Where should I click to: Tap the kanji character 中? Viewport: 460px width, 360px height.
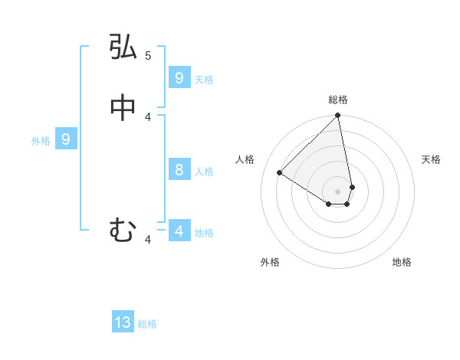(123, 109)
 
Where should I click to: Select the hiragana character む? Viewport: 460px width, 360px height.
(123, 229)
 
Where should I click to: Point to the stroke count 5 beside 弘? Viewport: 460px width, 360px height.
(148, 55)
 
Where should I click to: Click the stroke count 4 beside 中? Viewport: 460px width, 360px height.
(148, 116)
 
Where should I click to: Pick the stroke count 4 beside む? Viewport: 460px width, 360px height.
(148, 241)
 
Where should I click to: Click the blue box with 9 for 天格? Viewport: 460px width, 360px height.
(179, 77)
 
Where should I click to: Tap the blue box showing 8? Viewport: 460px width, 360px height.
(179, 169)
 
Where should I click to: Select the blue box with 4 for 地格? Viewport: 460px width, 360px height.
(179, 231)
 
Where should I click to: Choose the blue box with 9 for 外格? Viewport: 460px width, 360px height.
(66, 139)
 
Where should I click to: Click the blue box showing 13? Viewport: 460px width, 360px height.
(123, 322)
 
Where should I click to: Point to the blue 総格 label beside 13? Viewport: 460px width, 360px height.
(147, 324)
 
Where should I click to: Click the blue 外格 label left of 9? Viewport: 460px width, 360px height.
(40, 141)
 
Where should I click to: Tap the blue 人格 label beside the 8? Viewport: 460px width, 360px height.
(204, 171)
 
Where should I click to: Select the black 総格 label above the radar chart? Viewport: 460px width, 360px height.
(338, 100)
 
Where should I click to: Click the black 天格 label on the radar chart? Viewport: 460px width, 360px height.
(431, 159)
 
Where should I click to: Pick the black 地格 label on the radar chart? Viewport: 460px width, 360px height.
(402, 262)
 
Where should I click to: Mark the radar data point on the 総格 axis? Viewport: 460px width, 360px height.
(338, 116)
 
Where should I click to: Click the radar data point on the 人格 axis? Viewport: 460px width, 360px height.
(280, 173)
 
